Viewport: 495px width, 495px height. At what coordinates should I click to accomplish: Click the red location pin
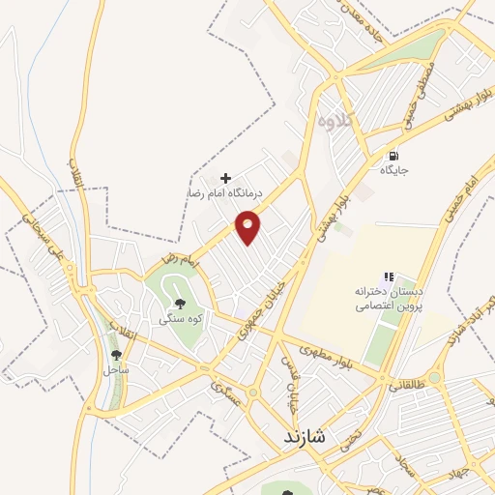249,226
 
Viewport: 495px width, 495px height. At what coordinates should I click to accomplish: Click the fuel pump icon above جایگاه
393,155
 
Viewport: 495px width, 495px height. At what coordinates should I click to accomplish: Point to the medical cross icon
226,178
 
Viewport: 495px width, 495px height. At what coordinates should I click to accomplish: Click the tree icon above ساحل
117,355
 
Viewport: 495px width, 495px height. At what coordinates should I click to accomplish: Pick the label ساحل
117,369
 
